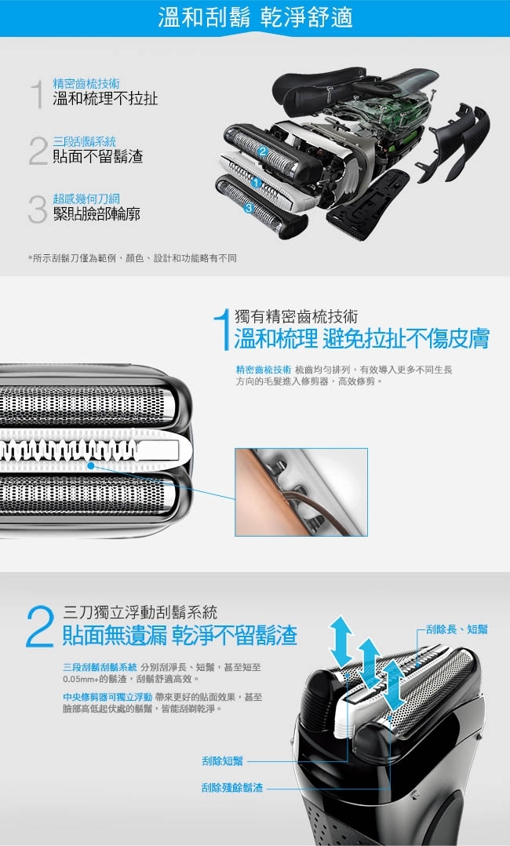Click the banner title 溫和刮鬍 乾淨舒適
tap(255, 17)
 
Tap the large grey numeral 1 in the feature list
tap(36, 93)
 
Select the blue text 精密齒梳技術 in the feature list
tap(86, 82)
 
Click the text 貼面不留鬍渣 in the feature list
tap(97, 156)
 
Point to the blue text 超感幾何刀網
tap(86, 199)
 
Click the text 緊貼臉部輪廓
tap(96, 213)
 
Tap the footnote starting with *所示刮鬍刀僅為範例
tap(132, 258)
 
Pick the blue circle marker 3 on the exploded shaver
tap(248, 208)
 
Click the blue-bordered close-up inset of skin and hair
tap(301, 492)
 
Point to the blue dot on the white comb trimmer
tap(91, 466)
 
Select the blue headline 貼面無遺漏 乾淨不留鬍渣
tap(180, 635)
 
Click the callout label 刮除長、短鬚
tap(457, 629)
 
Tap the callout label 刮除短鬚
tap(222, 760)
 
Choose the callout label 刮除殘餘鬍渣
tap(231, 787)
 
